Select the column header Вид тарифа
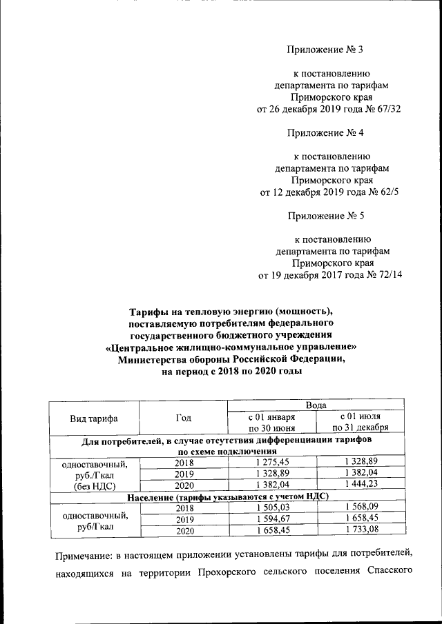(93, 419)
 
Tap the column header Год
(183, 418)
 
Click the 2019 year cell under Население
(183, 519)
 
